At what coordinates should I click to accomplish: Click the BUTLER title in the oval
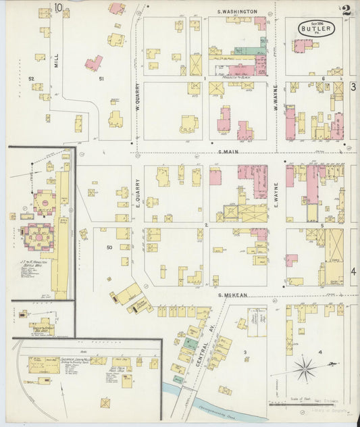click(316, 30)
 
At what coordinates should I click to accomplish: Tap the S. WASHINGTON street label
click(237, 12)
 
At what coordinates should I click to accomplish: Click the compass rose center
click(305, 370)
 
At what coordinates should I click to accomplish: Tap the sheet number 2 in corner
click(346, 10)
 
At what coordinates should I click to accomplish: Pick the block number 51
click(101, 79)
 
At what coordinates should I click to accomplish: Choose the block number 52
click(31, 79)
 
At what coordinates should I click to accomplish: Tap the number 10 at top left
click(59, 7)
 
